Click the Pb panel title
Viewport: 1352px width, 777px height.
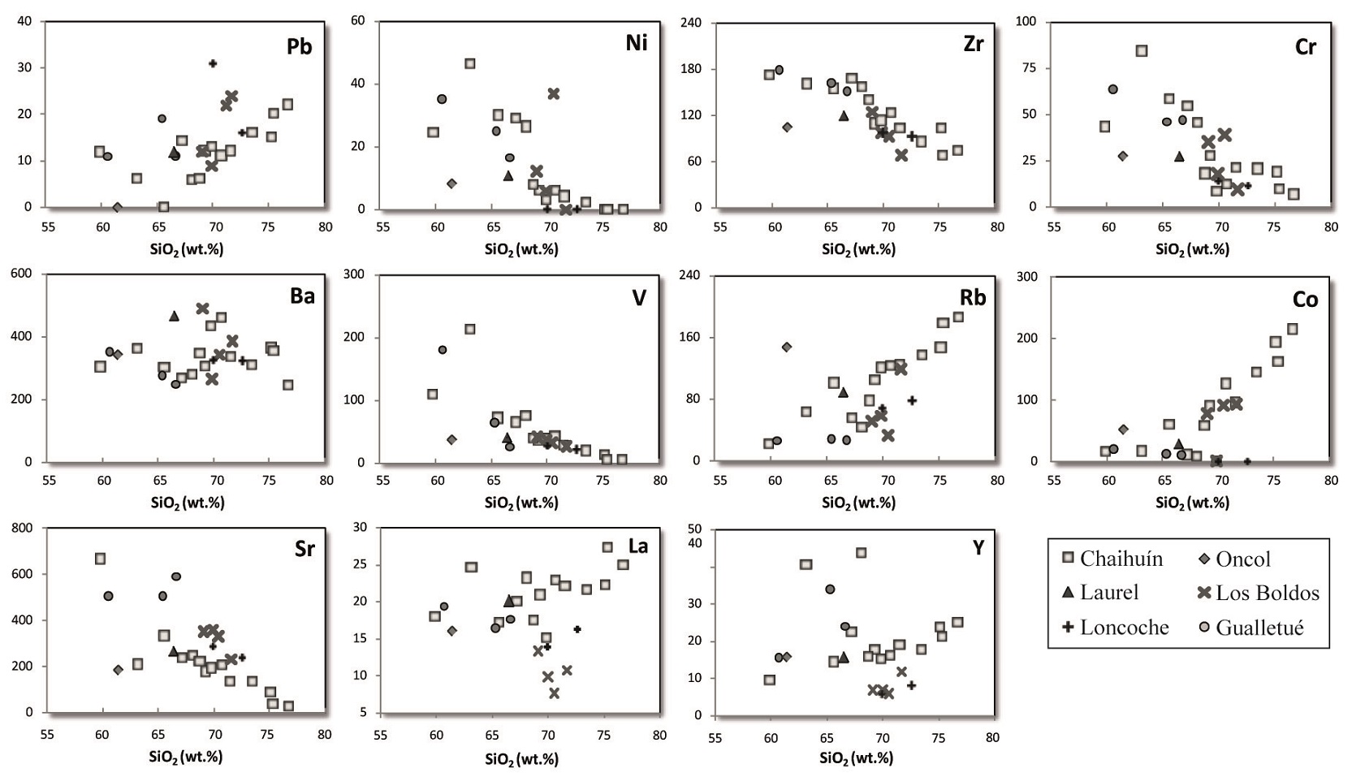point(299,46)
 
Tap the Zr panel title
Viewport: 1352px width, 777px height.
point(973,44)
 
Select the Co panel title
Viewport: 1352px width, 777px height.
point(1305,300)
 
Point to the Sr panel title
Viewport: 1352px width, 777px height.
point(305,549)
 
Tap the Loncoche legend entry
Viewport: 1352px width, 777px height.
point(1116,628)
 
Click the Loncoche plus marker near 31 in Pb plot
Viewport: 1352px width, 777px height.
point(213,63)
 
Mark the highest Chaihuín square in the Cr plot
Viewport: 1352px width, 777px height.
point(1141,50)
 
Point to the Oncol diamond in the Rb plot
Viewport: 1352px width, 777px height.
point(786,347)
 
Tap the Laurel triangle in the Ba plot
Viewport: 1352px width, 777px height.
point(174,316)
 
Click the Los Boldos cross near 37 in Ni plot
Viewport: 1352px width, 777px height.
point(554,93)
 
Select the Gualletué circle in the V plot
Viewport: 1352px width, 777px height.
point(443,350)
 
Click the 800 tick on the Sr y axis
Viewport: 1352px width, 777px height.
point(23,528)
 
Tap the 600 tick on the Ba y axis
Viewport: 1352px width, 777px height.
point(22,274)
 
